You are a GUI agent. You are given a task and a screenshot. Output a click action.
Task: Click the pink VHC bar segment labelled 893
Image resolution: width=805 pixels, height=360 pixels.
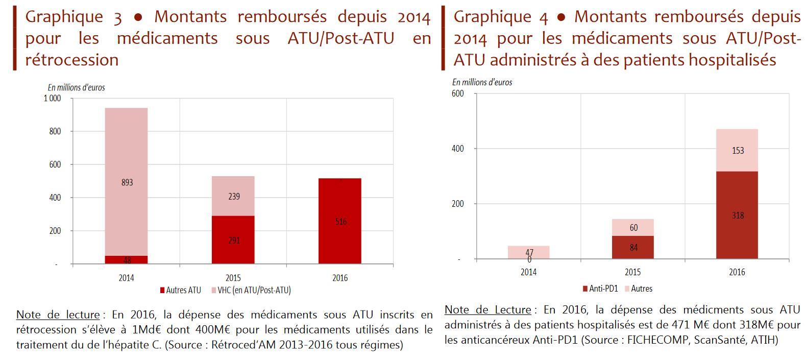[x=126, y=182]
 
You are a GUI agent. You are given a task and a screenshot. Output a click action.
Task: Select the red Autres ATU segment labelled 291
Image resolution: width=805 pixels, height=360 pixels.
[x=233, y=239]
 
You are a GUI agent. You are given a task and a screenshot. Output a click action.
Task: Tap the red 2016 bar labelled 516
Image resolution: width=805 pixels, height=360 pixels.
[x=339, y=221]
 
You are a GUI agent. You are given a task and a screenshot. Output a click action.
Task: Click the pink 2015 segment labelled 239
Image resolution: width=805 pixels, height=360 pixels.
[x=233, y=196]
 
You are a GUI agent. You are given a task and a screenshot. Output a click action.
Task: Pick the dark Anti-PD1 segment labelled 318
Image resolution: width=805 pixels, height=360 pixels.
[x=737, y=215]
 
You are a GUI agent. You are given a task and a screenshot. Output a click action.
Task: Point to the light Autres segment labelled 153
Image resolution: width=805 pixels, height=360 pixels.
[x=737, y=150]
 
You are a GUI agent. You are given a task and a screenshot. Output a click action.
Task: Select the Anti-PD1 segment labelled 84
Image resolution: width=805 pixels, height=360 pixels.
[x=632, y=247]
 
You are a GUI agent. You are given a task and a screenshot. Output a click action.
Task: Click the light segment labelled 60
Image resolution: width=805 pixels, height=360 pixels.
[x=632, y=227]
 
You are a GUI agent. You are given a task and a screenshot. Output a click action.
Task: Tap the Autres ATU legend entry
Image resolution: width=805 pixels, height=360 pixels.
[x=181, y=290]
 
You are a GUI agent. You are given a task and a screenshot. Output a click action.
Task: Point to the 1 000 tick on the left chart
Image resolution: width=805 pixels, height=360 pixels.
[x=52, y=98]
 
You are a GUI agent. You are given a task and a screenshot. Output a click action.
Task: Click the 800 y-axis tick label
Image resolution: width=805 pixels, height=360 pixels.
[x=55, y=131]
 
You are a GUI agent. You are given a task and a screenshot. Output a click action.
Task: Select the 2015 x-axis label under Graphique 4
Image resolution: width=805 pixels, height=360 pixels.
[x=632, y=272]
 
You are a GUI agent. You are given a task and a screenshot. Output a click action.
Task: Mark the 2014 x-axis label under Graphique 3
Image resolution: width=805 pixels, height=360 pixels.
[x=126, y=278]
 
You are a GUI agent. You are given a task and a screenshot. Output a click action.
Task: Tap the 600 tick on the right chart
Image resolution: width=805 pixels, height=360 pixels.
[x=457, y=93]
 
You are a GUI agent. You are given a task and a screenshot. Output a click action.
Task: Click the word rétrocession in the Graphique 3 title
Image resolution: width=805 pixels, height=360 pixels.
[x=72, y=60]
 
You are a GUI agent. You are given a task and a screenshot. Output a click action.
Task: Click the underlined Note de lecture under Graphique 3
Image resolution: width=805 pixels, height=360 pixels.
[x=58, y=315]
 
